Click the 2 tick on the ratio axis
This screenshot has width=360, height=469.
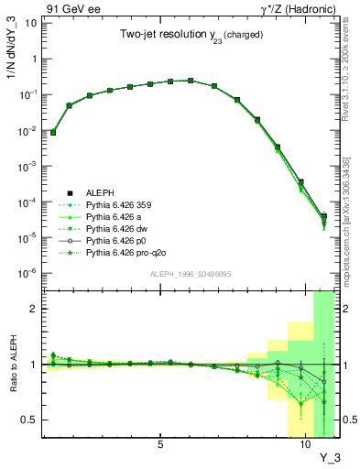tap(33, 309)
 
